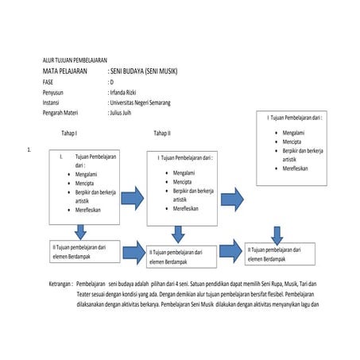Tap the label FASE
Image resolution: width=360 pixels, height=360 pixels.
[49, 82]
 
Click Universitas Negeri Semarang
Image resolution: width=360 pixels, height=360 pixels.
[141, 103]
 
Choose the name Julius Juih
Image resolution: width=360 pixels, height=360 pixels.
[126, 113]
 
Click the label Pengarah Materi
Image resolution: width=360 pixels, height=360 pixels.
[66, 113]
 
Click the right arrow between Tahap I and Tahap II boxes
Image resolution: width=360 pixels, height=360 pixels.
[132, 195]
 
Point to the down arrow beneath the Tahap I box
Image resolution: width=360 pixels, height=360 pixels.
[79, 231]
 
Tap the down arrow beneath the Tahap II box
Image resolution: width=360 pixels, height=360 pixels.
[178, 234]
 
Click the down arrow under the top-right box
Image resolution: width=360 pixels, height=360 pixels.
[277, 235]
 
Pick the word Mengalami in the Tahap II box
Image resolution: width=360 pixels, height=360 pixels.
[184, 172]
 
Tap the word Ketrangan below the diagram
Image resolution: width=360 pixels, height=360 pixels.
[60, 284]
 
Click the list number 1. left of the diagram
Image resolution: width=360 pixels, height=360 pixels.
[29, 149]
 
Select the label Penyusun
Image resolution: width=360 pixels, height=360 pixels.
[56, 92]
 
